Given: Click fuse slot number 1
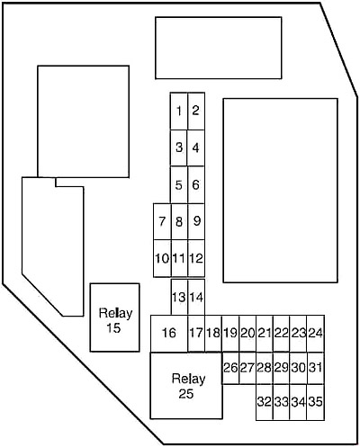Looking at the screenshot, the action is pyautogui.click(x=179, y=112).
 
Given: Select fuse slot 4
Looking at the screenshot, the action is pyautogui.click(x=196, y=148).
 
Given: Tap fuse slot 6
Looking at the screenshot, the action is pyautogui.click(x=196, y=184).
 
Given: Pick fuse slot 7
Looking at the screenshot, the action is pyautogui.click(x=162, y=221).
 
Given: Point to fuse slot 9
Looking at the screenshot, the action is pyautogui.click(x=196, y=221).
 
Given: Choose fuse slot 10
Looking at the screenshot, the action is pyautogui.click(x=162, y=258).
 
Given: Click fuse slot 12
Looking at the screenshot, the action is pyautogui.click(x=196, y=258).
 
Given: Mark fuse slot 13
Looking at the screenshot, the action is pyautogui.click(x=179, y=297).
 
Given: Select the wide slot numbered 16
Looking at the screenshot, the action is pyautogui.click(x=169, y=333).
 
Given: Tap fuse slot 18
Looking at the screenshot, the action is pyautogui.click(x=213, y=333).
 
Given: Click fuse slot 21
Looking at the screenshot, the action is pyautogui.click(x=265, y=333).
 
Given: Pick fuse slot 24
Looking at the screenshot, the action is pyautogui.click(x=316, y=333).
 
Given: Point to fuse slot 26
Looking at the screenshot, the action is pyautogui.click(x=230, y=368).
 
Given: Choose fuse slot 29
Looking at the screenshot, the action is pyautogui.click(x=282, y=368).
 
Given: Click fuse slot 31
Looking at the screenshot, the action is pyautogui.click(x=316, y=368).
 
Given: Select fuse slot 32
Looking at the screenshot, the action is pyautogui.click(x=265, y=402).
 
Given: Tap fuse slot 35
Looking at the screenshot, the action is pyautogui.click(x=316, y=402).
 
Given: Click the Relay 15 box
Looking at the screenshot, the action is pyautogui.click(x=114, y=317).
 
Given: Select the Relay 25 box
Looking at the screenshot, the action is pyautogui.click(x=186, y=386).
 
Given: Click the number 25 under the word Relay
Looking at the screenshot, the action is pyautogui.click(x=186, y=394).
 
